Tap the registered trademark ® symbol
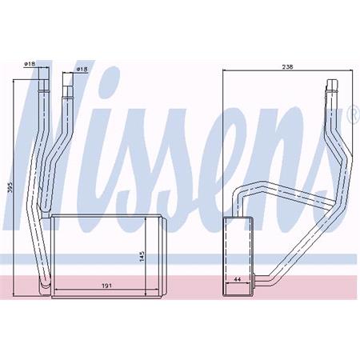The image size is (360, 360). click(351, 119)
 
